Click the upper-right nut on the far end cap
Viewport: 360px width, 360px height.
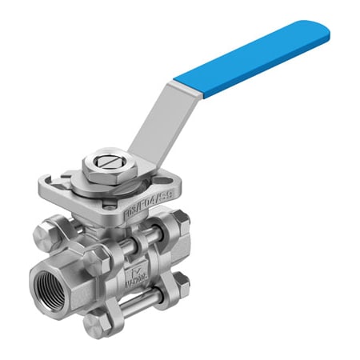182,218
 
